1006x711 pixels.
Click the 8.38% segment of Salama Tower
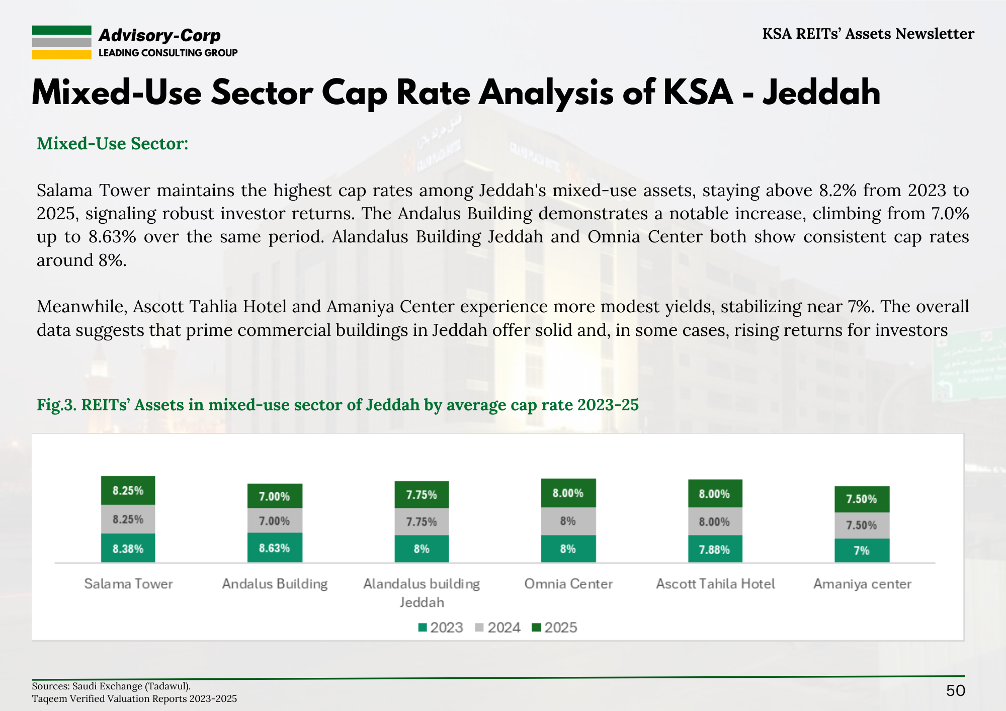coord(128,549)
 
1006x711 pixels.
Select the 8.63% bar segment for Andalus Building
coord(274,548)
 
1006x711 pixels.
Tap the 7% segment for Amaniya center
coord(862,551)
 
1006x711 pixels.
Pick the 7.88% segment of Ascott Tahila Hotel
coord(714,549)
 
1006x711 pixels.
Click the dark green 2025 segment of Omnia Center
coord(568,493)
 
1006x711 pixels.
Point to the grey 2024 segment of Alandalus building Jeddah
coord(422,522)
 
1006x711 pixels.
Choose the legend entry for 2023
coord(441,628)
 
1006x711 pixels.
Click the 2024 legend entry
coord(498,628)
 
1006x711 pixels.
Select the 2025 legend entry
coord(555,628)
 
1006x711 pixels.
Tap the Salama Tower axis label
coord(128,584)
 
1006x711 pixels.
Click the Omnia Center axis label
coord(568,584)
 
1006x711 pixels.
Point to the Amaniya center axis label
coord(862,584)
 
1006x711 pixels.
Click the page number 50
coord(955,690)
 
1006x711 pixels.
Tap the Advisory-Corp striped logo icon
coord(61,42)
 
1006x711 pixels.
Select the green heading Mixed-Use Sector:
coord(113,144)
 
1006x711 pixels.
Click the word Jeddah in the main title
coord(821,93)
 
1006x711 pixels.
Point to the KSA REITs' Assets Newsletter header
coord(868,34)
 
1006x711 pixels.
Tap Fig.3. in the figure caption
coord(56,405)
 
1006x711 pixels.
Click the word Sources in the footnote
coord(50,686)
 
